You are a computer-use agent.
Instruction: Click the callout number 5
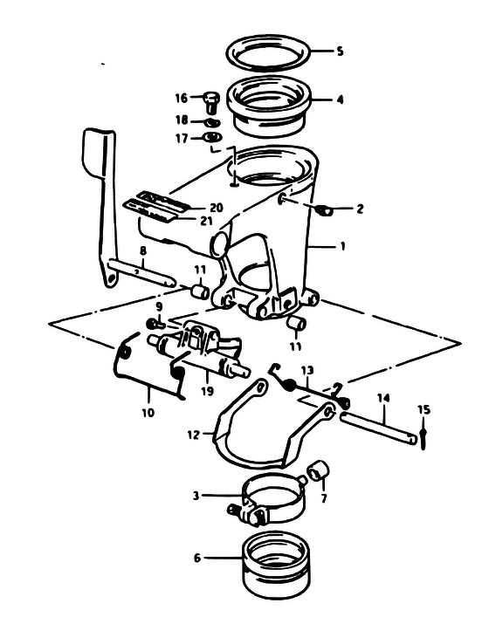[340, 51]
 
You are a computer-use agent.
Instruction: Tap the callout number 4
[340, 99]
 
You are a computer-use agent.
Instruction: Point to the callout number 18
[182, 120]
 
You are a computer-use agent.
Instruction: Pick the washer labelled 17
[212, 138]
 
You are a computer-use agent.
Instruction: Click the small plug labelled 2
[325, 210]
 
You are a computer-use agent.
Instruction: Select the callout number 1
[342, 247]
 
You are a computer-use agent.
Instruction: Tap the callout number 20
[217, 208]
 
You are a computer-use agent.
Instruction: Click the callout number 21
[206, 221]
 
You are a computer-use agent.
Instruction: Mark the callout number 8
[143, 250]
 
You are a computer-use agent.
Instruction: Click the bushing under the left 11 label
[200, 292]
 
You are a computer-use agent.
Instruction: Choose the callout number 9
[159, 306]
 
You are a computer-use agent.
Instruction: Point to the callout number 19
[207, 391]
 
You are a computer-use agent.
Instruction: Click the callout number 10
[148, 413]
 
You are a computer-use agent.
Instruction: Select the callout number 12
[193, 435]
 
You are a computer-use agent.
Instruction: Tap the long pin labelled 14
[378, 427]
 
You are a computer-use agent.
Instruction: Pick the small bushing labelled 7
[318, 470]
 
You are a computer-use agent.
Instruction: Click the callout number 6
[197, 558]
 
